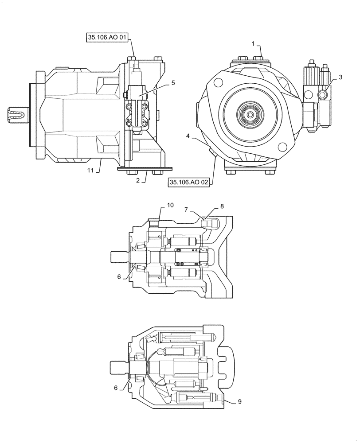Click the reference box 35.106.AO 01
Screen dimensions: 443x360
106,39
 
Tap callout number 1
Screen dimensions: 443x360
253,44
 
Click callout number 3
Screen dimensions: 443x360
340,78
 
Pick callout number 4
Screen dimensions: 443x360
188,137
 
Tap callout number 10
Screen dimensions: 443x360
171,205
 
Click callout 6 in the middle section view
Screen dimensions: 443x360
119,276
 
